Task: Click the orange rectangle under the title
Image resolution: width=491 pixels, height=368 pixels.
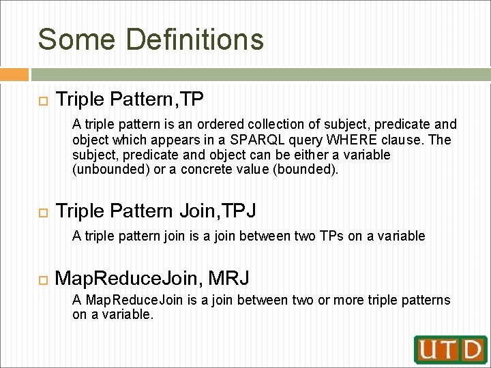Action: [14, 75]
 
